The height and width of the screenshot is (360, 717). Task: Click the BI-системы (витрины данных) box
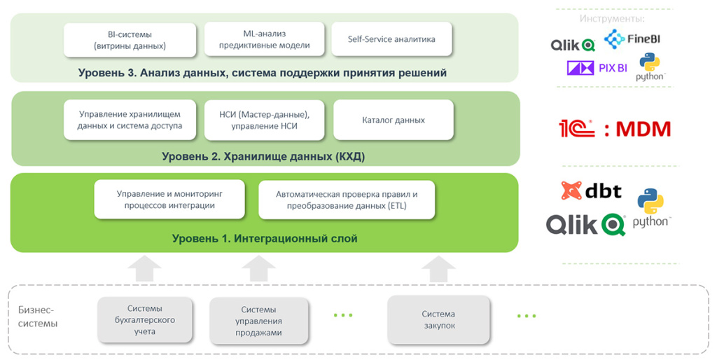coord(130,40)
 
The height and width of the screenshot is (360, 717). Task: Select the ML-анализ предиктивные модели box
coord(264,39)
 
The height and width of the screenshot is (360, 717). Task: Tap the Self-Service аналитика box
coord(391,39)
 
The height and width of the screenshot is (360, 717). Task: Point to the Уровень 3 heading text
coord(263,73)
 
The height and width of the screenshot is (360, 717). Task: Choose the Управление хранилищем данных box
coord(130,120)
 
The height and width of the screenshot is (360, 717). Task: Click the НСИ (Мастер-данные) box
coord(264,120)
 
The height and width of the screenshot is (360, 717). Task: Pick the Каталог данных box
coord(393,120)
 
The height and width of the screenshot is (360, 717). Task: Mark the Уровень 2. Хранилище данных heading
coord(263,156)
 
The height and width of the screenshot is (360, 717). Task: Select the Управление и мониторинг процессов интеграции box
coord(169,199)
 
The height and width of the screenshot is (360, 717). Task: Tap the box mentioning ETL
coord(347,200)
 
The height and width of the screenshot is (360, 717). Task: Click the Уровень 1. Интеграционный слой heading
coord(265,239)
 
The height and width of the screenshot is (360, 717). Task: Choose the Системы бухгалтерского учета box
coord(145,319)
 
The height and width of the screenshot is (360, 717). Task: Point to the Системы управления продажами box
coord(258,321)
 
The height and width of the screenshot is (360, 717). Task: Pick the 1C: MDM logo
coord(614,129)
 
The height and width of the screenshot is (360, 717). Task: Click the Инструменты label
coord(612,18)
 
